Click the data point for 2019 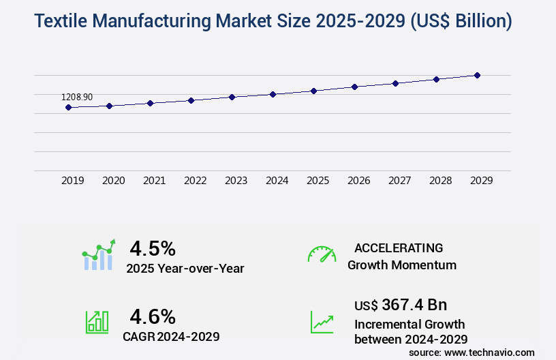coord(68,107)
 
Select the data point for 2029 coord(477,75)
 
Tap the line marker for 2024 coord(273,94)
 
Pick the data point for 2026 coord(354,87)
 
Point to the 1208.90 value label coord(77,97)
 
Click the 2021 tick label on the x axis coord(154,181)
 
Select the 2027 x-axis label coord(399,181)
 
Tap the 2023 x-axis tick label coord(236,181)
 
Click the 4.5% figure coord(153,247)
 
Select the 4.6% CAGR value coord(153,316)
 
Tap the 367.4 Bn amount coord(414,304)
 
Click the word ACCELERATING coord(399,247)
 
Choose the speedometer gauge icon coord(322,254)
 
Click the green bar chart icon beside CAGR coord(97,322)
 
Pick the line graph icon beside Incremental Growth coord(322,322)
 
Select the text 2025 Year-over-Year coord(185,269)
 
